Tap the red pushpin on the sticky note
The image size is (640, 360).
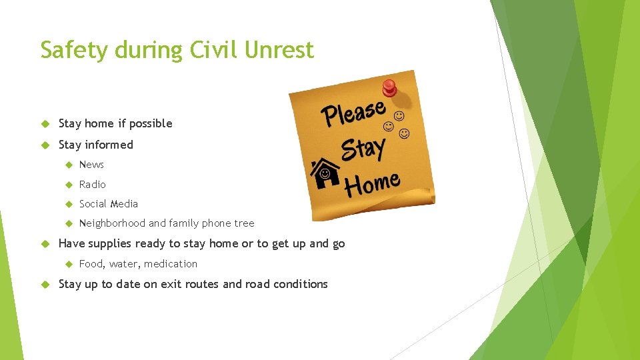tap(389, 87)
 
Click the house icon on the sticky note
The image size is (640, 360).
tap(325, 173)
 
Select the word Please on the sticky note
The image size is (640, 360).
tap(354, 113)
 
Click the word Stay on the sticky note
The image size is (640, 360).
tap(363, 149)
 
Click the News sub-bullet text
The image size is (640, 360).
tap(91, 165)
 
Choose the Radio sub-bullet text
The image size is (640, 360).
tap(92, 184)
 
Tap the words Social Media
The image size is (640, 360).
tap(108, 204)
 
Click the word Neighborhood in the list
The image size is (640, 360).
tap(112, 223)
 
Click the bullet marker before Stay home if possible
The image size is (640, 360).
tap(45, 124)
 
